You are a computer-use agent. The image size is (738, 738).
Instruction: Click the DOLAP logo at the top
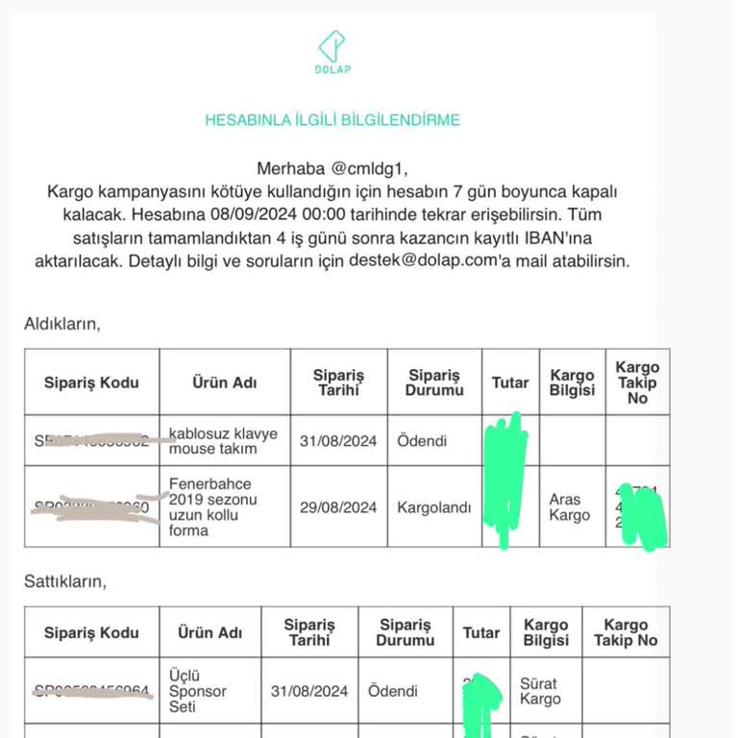(x=332, y=52)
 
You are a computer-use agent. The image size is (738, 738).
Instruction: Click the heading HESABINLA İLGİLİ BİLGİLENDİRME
(x=332, y=120)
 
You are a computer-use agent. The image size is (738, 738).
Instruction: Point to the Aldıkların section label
(x=62, y=324)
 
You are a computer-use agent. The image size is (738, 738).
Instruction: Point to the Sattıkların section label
(x=65, y=581)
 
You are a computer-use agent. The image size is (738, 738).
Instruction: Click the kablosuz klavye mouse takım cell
(x=223, y=441)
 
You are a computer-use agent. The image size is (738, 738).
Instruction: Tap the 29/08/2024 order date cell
(x=338, y=507)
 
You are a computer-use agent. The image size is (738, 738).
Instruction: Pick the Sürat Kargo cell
(x=539, y=691)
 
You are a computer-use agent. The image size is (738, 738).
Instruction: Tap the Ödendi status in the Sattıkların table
(x=393, y=691)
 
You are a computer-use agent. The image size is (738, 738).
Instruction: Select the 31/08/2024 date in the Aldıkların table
(x=338, y=441)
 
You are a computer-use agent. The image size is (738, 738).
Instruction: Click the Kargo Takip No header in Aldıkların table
(x=637, y=381)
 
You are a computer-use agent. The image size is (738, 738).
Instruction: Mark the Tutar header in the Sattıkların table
(x=480, y=632)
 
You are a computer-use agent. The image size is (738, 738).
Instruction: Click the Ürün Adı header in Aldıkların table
(x=224, y=381)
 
